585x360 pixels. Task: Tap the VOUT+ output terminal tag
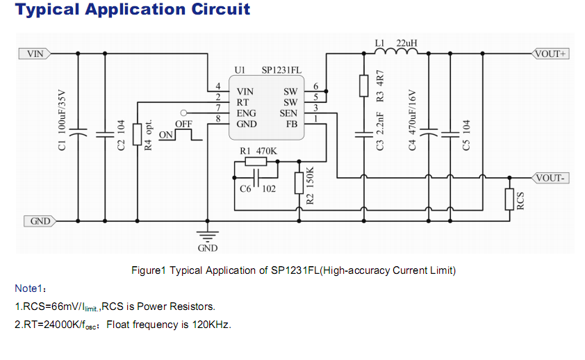click(550, 54)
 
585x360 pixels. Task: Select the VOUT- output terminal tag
click(550, 178)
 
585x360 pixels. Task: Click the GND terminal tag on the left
click(40, 221)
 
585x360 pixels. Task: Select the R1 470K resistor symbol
click(256, 162)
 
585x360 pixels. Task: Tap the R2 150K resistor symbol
click(299, 183)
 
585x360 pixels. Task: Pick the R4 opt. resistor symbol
click(138, 132)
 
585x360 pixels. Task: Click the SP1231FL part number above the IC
click(281, 70)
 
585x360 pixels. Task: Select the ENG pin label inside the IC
click(246, 113)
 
